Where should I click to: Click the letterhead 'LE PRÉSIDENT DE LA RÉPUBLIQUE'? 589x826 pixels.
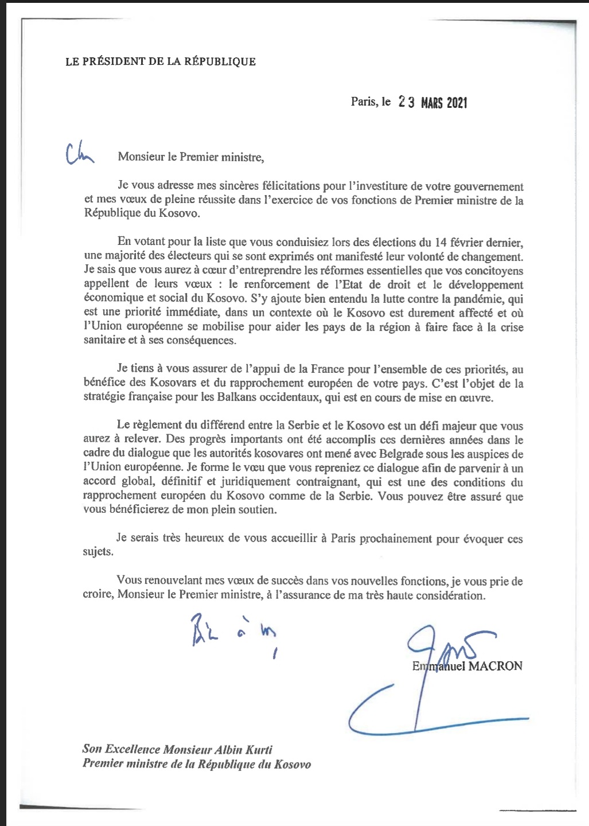click(x=161, y=61)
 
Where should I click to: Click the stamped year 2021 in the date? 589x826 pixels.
click(x=457, y=103)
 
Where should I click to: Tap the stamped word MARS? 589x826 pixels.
click(x=432, y=103)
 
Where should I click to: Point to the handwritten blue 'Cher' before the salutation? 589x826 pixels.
click(x=79, y=153)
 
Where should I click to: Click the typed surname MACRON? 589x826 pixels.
click(x=496, y=666)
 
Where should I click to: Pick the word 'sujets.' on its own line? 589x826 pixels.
click(x=98, y=552)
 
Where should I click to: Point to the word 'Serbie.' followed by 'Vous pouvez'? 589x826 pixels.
click(x=354, y=496)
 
